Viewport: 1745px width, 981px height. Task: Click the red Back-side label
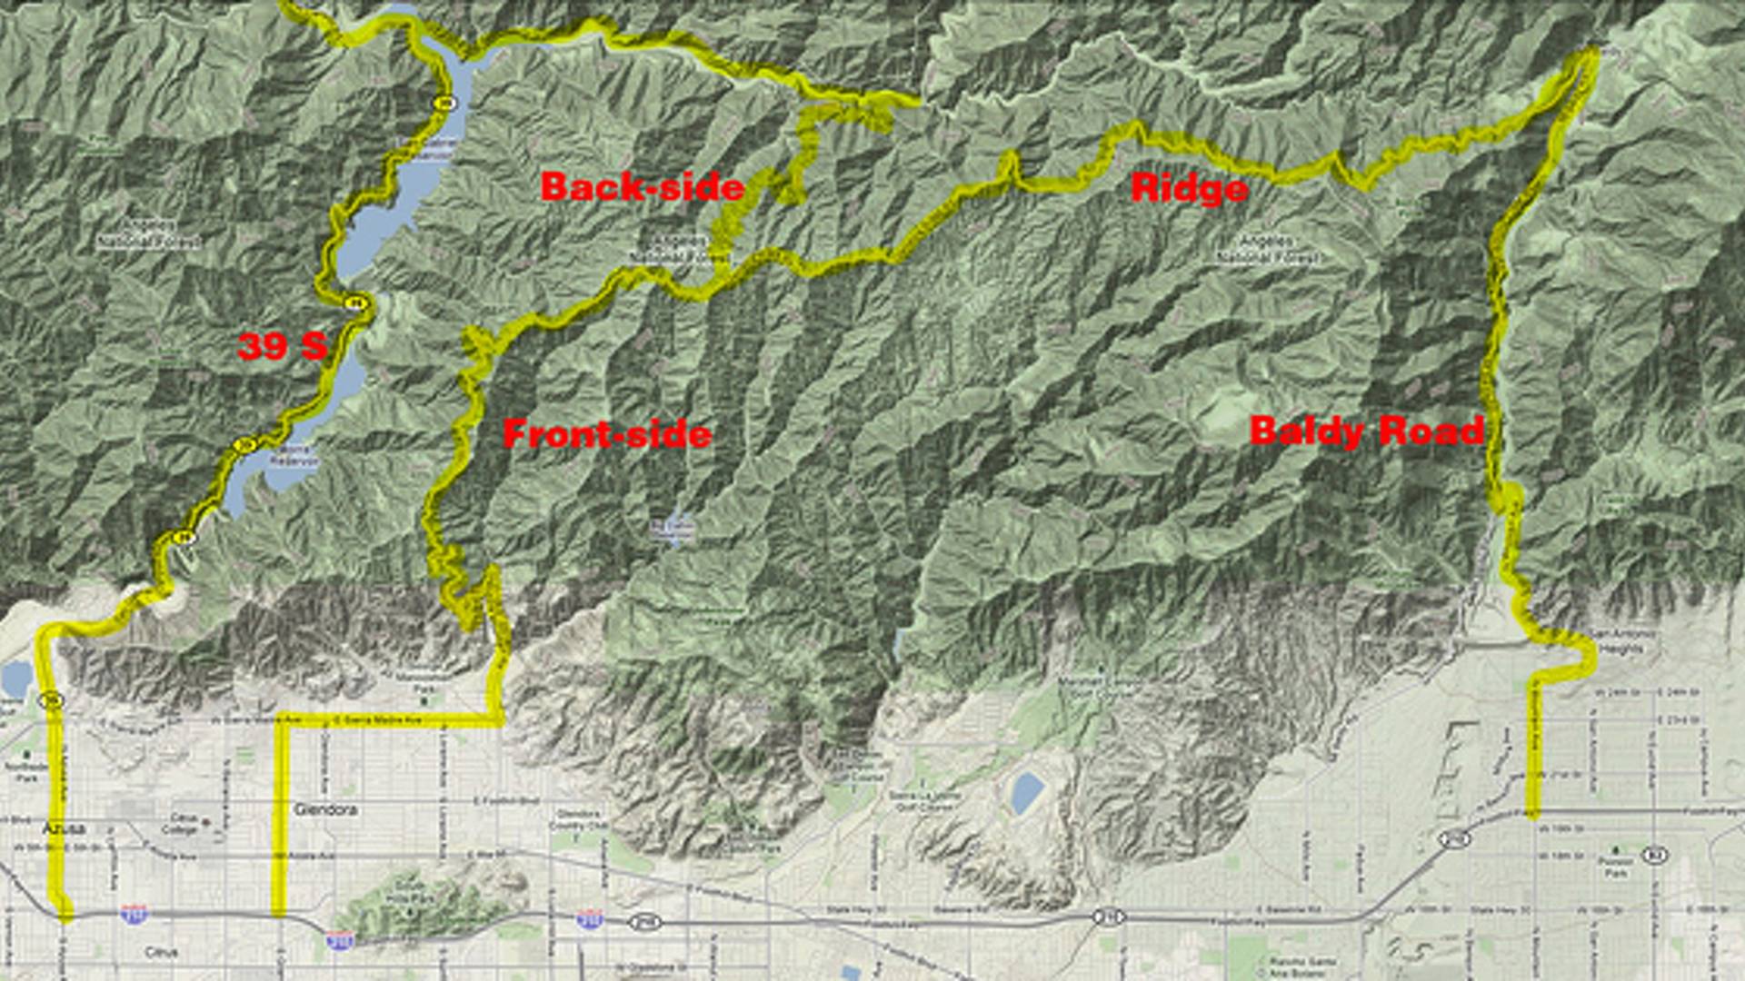pyautogui.click(x=643, y=186)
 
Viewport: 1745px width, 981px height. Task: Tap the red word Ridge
pyautogui.click(x=1188, y=188)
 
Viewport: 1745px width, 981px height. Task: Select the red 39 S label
pyautogui.click(x=282, y=345)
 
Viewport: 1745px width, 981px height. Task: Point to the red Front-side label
pyautogui.click(x=607, y=433)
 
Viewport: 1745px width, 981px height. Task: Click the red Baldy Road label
pyautogui.click(x=1367, y=431)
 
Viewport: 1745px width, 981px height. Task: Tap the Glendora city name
pyautogui.click(x=325, y=809)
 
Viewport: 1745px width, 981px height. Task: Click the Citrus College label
pyautogui.click(x=179, y=823)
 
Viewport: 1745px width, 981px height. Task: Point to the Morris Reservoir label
pyautogui.click(x=293, y=455)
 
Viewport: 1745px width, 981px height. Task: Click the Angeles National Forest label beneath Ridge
pyautogui.click(x=1267, y=249)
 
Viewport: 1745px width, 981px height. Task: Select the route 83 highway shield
pyautogui.click(x=1654, y=855)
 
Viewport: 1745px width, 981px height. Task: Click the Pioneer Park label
pyautogui.click(x=1616, y=867)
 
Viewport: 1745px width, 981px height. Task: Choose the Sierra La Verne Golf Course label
pyautogui.click(x=925, y=800)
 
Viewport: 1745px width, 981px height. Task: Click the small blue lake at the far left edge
pyautogui.click(x=15, y=678)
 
